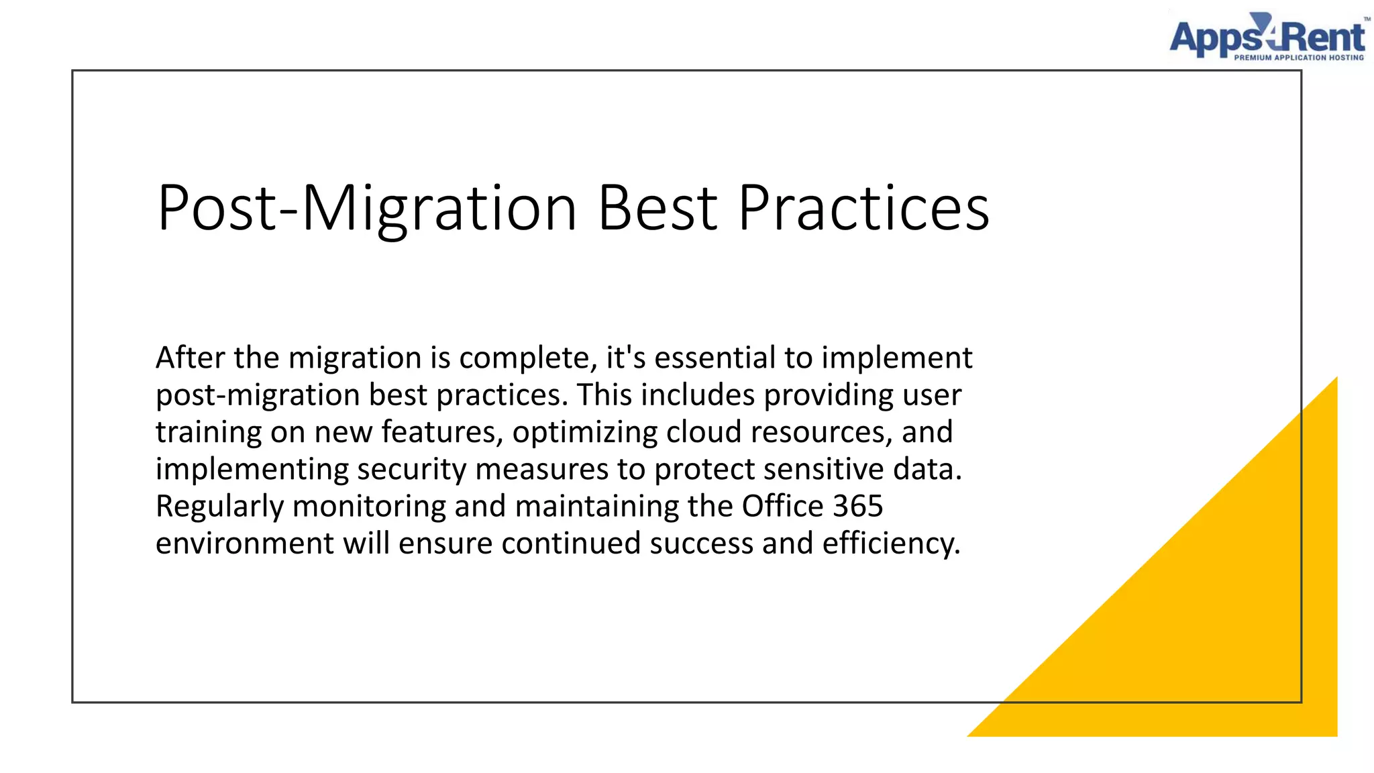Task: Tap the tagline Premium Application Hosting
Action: (1299, 58)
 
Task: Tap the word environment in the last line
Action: (244, 544)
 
